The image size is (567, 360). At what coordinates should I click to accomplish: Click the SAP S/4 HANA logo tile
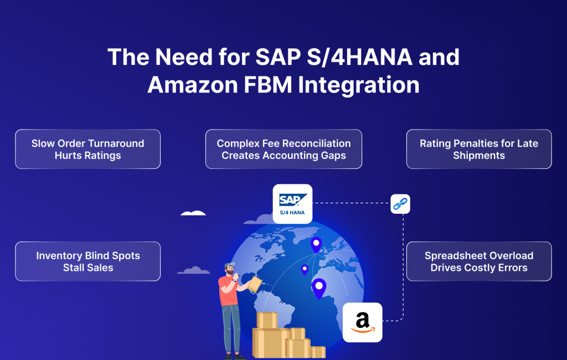(x=292, y=203)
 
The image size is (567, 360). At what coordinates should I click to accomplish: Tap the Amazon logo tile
(x=363, y=322)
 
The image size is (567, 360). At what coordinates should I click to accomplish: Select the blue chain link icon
(x=400, y=204)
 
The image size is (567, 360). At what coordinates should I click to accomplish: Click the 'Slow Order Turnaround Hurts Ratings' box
(x=87, y=149)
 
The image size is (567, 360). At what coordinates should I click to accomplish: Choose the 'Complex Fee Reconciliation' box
(x=283, y=149)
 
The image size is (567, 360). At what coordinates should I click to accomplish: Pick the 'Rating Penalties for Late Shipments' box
(x=479, y=149)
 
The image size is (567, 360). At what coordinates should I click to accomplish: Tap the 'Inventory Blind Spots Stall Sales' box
(x=87, y=261)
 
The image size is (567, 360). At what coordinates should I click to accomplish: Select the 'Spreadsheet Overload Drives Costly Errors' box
(x=479, y=261)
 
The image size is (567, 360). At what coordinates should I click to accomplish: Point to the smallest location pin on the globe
(x=305, y=270)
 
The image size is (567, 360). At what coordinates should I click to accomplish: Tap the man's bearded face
(x=230, y=271)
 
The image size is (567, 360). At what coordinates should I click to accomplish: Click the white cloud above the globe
(x=193, y=213)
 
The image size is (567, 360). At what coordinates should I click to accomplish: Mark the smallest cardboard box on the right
(x=318, y=352)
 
